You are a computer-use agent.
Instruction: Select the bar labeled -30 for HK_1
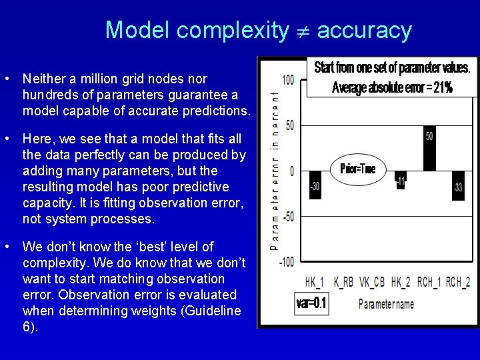315,182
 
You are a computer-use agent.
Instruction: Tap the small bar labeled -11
400,180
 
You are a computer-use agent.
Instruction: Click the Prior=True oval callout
357,169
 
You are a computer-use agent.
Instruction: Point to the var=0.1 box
311,304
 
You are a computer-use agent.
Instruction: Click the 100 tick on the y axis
287,80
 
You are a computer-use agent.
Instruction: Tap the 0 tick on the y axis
291,171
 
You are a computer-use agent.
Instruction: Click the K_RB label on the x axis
344,282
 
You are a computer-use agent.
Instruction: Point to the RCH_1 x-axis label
430,282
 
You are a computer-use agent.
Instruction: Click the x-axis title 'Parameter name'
386,304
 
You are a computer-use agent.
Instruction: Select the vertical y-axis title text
275,170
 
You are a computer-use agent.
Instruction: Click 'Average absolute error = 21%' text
392,87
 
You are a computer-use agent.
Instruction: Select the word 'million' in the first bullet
86,79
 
